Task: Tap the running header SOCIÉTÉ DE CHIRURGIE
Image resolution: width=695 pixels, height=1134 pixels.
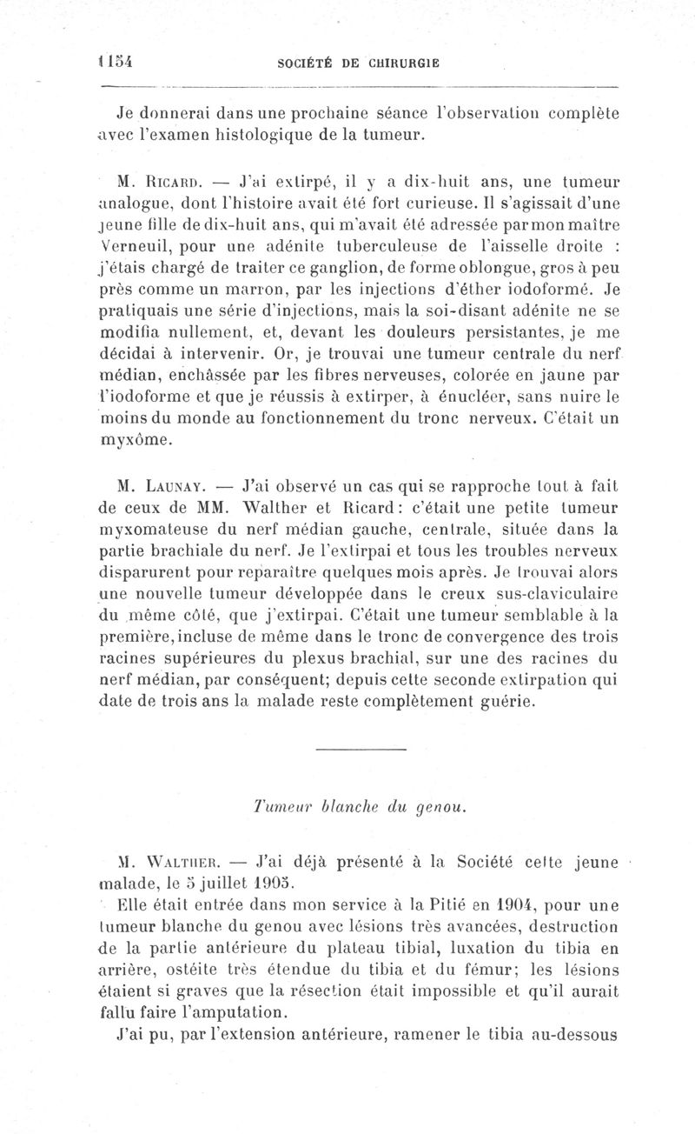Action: [x=357, y=63]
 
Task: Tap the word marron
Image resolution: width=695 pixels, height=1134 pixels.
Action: [x=262, y=290]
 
